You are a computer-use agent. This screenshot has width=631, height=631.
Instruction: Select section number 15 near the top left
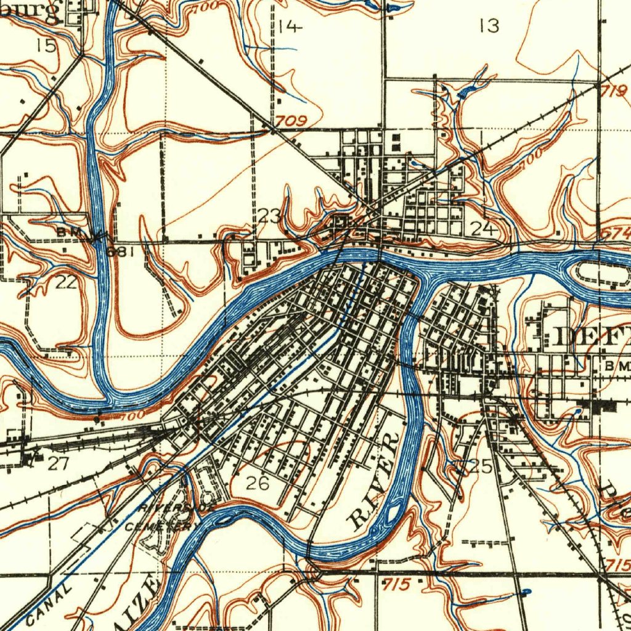tap(45, 45)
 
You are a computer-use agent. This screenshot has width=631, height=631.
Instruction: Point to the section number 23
tap(269, 216)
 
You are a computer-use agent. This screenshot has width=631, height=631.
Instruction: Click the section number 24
tap(482, 229)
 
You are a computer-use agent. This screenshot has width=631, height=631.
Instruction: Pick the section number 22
tap(65, 282)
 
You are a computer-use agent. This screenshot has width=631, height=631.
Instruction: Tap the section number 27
tap(58, 463)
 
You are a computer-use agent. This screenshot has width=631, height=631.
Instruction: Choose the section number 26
tap(257, 484)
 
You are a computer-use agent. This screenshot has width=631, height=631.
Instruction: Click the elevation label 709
tap(291, 121)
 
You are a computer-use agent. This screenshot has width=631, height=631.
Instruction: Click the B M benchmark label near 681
tap(67, 232)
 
